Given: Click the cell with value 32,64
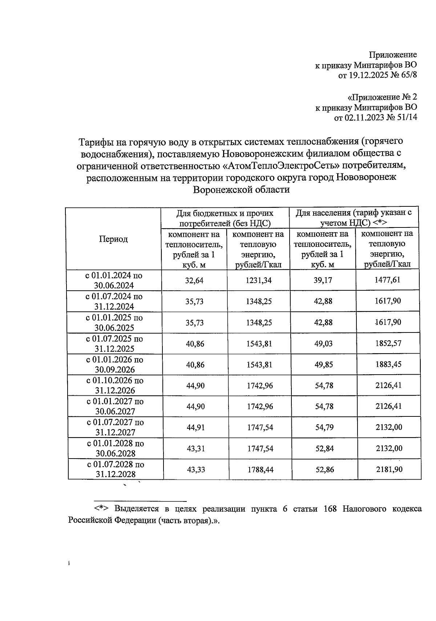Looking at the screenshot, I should point(195,280).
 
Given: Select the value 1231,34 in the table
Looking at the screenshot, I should point(259,280).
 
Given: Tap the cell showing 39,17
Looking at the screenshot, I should point(323,280).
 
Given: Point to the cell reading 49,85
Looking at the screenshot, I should point(323,364).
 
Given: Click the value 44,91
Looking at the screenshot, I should point(195,428).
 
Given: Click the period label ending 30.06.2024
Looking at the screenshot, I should point(114,281).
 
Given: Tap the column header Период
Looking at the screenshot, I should point(113,239).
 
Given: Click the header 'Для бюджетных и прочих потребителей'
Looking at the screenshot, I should point(225,218).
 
